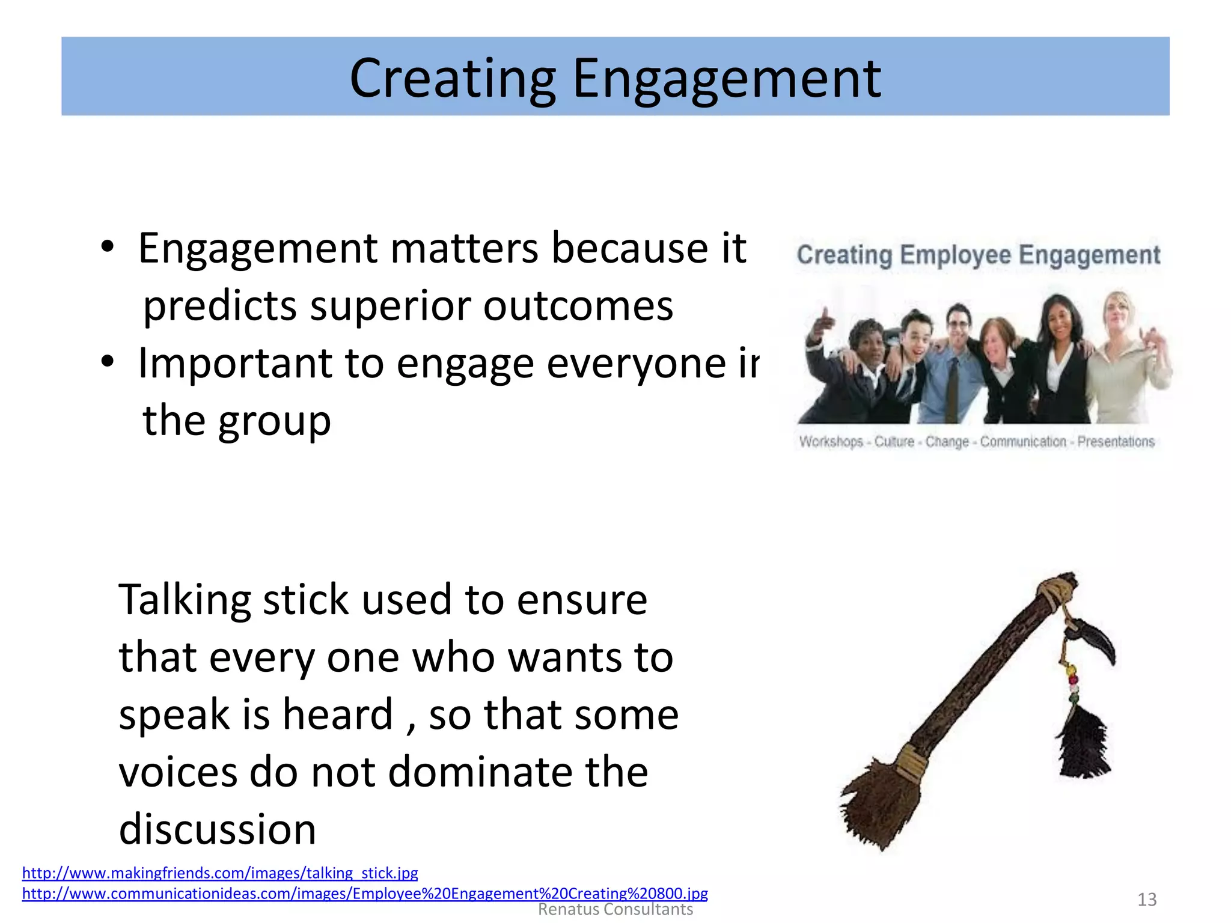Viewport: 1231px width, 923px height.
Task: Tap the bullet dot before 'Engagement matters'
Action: (107, 248)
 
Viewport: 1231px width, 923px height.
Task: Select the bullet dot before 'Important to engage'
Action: (107, 362)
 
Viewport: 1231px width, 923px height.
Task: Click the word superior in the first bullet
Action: (390, 306)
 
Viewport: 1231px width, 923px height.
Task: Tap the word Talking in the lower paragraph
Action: (184, 600)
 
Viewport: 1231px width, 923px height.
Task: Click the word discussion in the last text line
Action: (218, 829)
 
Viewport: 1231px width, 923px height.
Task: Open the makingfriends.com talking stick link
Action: (220, 873)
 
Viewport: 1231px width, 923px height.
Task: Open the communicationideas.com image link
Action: (365, 894)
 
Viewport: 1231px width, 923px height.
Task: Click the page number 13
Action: (1147, 900)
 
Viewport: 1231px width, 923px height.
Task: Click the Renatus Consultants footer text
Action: (615, 910)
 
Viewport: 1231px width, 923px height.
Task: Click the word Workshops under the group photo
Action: (831, 442)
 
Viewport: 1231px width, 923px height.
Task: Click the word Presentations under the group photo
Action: (1116, 442)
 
